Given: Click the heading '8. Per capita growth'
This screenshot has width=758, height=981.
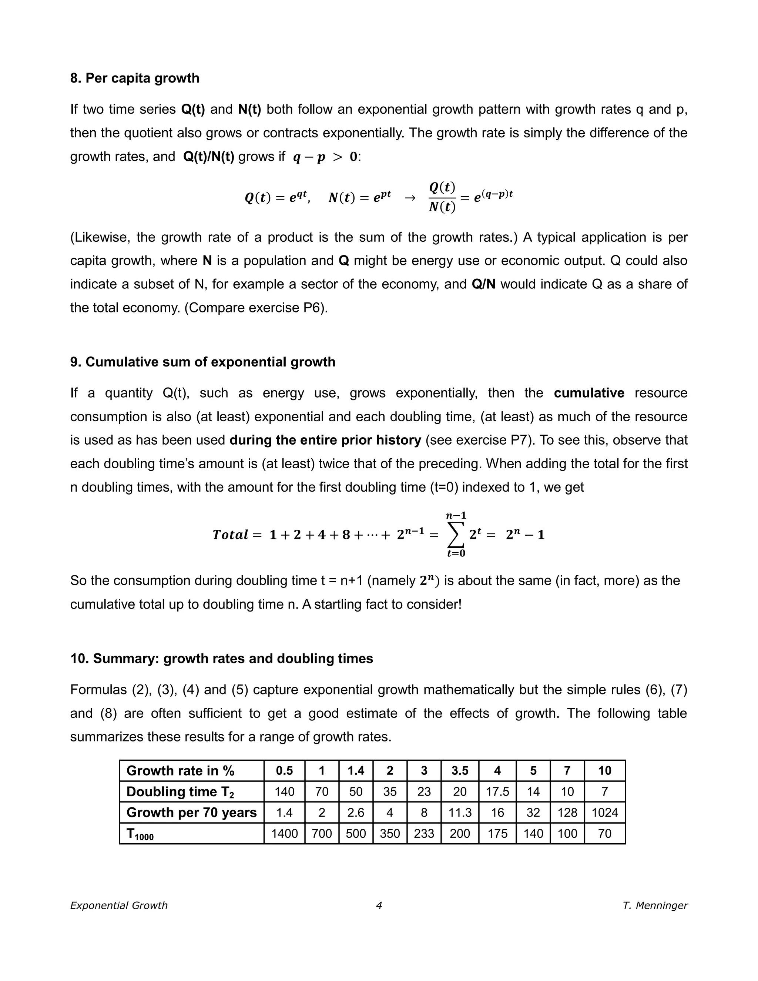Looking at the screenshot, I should point(135,78).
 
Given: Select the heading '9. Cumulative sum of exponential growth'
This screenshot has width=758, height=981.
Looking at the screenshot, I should point(202,362).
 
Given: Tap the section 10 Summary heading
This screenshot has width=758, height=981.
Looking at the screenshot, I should point(221,659).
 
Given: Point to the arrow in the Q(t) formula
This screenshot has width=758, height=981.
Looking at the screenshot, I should point(410,198).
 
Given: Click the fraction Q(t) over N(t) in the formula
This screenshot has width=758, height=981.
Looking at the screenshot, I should point(442,198).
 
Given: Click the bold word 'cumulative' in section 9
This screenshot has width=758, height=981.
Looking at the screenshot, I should point(589,393).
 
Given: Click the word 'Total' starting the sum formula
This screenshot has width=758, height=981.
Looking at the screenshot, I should point(230,535).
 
